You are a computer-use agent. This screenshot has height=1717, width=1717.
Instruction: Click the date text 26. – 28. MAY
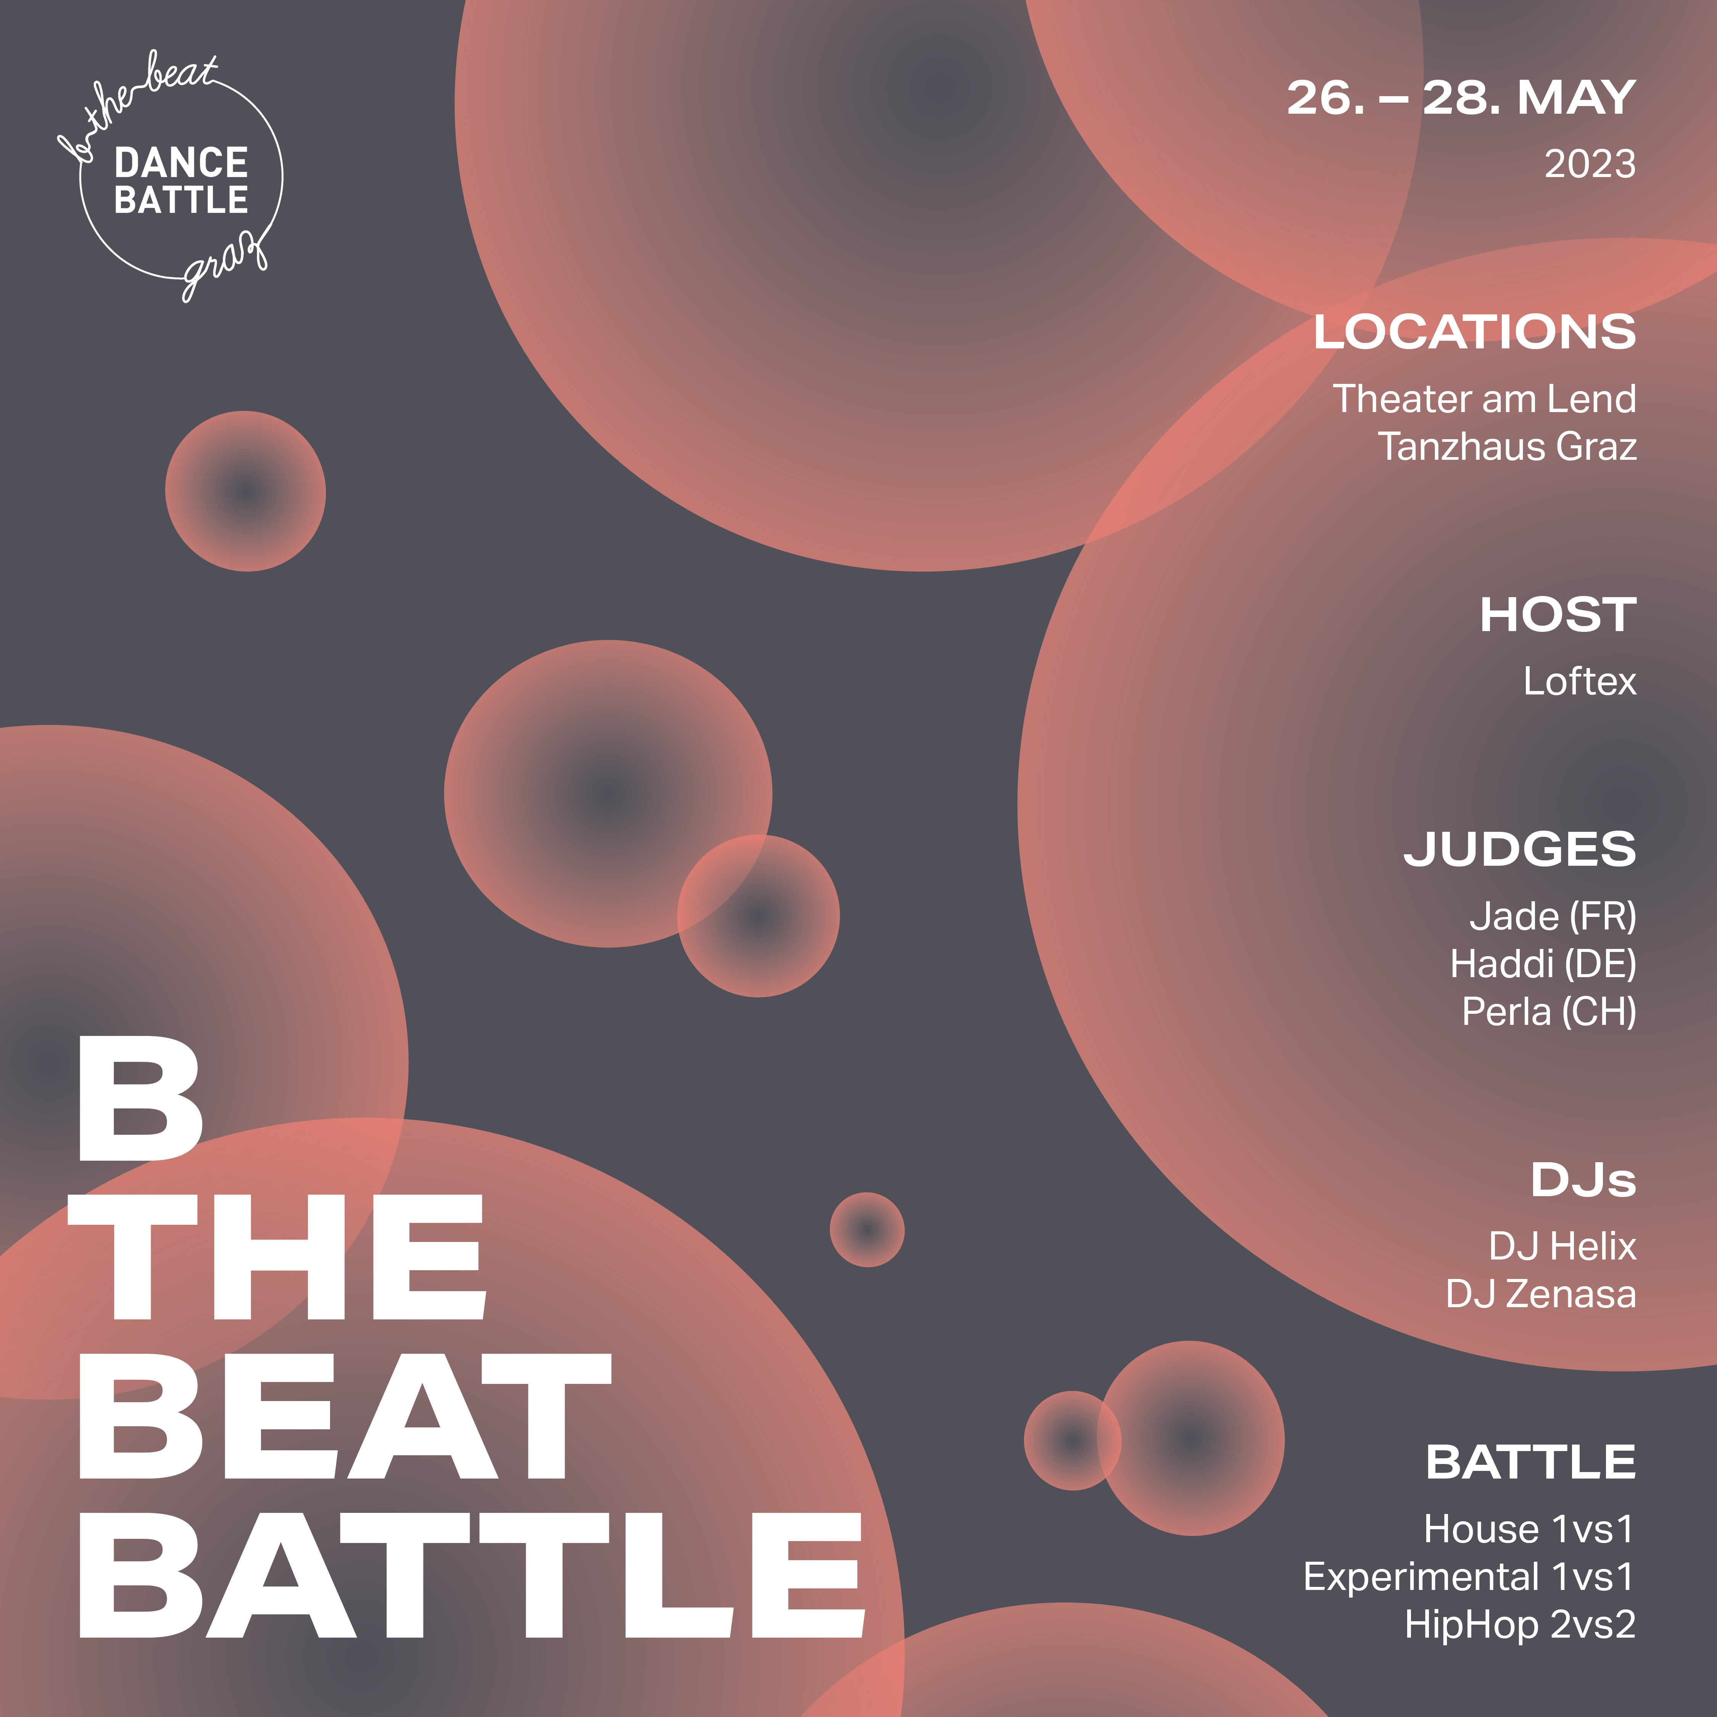pos(1461,98)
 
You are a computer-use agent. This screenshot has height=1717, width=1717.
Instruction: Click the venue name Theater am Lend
pos(1484,399)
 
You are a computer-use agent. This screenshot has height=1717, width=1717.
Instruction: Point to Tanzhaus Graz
pos(1507,446)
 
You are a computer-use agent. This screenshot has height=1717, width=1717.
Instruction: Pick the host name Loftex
pos(1579,681)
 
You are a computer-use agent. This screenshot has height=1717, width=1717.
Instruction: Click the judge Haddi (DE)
pos(1543,964)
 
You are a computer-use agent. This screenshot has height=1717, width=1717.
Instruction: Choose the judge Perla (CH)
pos(1549,1012)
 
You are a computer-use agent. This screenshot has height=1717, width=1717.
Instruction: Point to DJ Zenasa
pos(1541,1294)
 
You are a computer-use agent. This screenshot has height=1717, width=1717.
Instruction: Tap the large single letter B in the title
pos(140,1099)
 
